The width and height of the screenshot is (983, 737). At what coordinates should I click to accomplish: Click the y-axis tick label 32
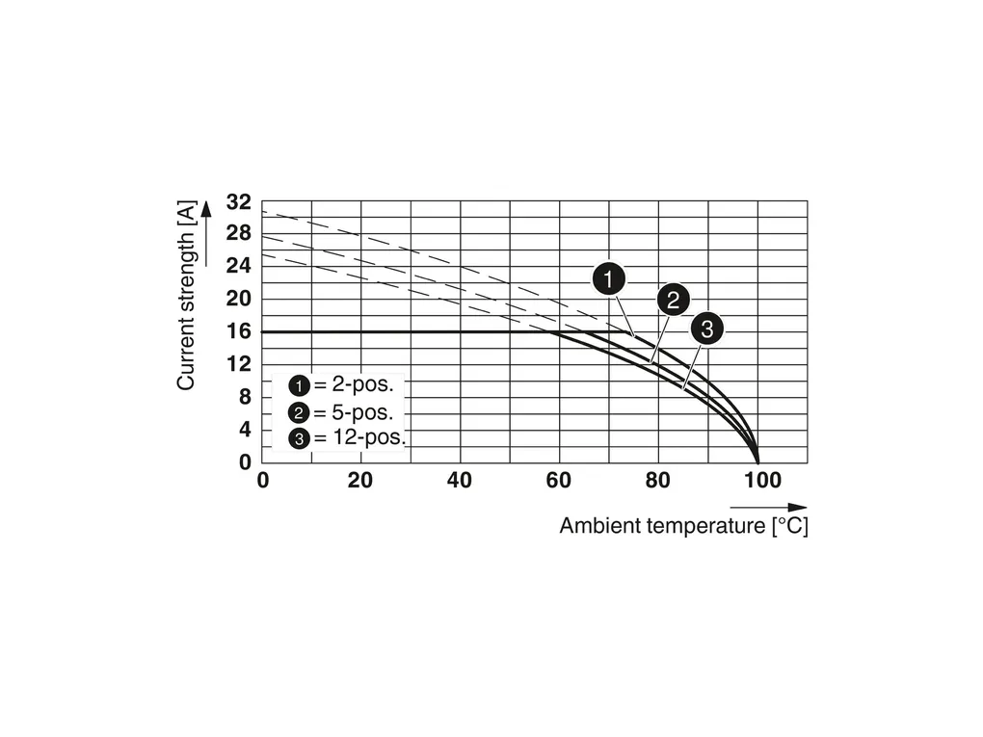(238, 202)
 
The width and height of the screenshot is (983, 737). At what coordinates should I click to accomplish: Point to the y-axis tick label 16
(238, 331)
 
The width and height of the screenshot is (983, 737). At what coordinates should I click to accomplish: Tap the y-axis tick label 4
(244, 429)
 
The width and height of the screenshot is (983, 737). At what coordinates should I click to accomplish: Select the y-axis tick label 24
(238, 266)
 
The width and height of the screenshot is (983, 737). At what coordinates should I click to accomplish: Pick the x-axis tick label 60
(559, 480)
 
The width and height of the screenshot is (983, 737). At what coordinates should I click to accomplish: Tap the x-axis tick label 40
(460, 480)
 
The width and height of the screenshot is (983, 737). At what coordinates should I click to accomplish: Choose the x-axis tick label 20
(360, 480)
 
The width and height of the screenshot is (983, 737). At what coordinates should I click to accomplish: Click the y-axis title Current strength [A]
(186, 295)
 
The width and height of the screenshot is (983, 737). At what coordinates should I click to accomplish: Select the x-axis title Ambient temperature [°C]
(683, 527)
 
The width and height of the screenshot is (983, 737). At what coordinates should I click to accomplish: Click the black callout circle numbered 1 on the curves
(608, 279)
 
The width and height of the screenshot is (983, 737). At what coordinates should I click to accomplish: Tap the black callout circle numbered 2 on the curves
(673, 300)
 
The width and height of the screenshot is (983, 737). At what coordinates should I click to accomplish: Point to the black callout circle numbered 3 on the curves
(706, 329)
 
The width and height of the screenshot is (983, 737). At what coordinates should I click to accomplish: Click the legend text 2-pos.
(361, 384)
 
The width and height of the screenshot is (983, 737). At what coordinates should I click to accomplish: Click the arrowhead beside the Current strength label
(205, 207)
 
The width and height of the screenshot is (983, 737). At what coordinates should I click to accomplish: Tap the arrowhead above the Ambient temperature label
(799, 507)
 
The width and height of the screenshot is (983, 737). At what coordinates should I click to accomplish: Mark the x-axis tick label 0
(263, 480)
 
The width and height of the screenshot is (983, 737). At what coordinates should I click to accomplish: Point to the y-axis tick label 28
(238, 234)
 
